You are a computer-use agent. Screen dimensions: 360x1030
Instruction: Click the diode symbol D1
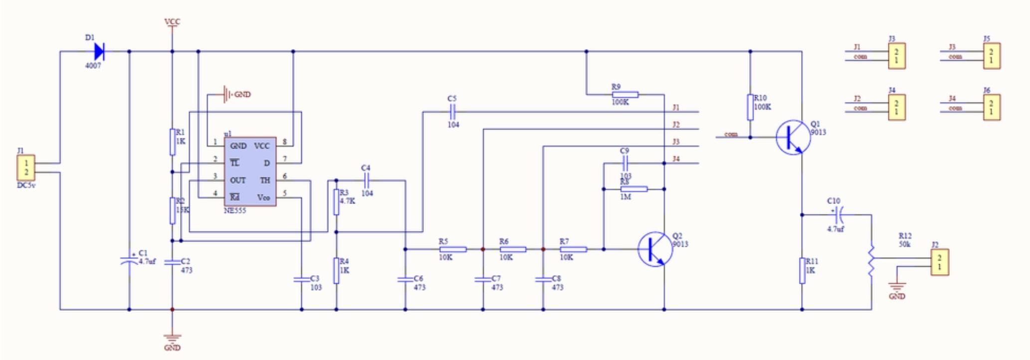99,51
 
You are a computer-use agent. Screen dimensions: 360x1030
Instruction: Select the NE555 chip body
250,172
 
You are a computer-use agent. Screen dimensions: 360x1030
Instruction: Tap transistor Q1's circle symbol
793,137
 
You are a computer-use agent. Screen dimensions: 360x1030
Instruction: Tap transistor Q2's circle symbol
655,249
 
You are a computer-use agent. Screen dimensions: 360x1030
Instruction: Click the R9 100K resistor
625,94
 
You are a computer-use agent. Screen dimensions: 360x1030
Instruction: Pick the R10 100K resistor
750,107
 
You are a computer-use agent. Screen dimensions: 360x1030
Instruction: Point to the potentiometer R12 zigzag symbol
871,259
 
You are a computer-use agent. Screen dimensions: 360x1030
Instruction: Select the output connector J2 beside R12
939,262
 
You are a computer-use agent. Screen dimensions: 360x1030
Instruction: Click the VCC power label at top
172,22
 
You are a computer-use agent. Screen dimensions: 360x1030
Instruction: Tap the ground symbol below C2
172,339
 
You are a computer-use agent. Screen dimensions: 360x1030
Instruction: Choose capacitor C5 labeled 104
452,112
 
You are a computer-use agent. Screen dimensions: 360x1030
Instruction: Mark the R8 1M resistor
633,189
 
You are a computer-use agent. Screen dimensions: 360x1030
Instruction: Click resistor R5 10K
453,249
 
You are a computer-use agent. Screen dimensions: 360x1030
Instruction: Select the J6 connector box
991,107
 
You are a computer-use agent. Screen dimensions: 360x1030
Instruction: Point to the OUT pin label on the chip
237,180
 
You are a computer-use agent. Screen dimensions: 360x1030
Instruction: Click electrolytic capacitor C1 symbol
129,263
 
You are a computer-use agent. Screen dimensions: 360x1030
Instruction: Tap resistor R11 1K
802,270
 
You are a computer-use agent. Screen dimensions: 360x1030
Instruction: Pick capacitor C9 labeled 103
625,163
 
